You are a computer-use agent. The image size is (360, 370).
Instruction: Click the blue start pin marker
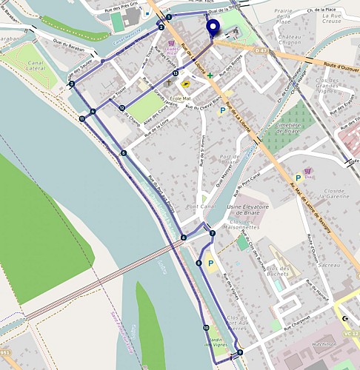214,28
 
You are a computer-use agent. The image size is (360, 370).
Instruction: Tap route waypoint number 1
169,16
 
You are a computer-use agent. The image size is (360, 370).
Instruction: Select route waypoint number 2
161,27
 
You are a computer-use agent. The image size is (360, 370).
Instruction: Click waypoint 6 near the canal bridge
183,238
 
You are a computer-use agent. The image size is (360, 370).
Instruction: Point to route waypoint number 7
213,233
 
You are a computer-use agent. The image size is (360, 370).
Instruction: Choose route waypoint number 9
240,352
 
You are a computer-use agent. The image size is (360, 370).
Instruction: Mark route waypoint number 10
206,327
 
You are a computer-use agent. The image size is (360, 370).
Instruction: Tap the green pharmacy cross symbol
210,75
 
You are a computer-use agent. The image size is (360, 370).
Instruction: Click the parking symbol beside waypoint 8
210,263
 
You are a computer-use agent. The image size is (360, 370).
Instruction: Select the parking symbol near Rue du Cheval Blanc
222,111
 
